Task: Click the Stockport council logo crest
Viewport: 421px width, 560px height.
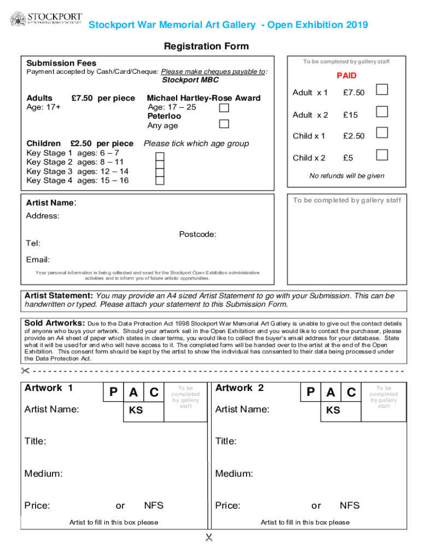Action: tap(17, 19)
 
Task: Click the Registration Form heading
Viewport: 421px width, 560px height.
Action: tap(206, 46)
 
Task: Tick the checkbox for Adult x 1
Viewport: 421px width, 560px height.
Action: tap(382, 89)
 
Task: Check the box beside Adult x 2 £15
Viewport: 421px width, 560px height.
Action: tap(382, 112)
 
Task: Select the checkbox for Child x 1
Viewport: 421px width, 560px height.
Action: tap(382, 132)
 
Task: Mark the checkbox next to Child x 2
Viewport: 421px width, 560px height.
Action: tap(382, 154)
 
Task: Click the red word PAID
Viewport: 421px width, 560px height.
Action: tap(346, 75)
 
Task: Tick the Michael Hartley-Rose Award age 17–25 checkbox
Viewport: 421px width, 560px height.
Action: tap(224, 108)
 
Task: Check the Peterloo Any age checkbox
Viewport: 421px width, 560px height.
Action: tap(224, 124)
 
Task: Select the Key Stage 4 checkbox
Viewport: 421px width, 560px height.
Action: tap(160, 181)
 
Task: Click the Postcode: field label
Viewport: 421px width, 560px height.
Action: tap(197, 235)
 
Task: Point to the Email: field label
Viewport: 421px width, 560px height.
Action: tap(38, 259)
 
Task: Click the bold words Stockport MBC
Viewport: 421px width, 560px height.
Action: tap(190, 80)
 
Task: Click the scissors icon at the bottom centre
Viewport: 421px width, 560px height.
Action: tap(208, 538)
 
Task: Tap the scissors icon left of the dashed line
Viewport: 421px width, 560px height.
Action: tap(25, 371)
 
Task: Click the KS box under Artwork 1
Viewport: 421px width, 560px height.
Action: tap(136, 410)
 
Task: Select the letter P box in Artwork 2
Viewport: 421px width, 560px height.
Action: tap(311, 392)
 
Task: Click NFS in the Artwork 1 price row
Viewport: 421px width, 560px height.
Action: tap(154, 505)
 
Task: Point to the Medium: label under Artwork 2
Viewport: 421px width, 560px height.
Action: tap(233, 474)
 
